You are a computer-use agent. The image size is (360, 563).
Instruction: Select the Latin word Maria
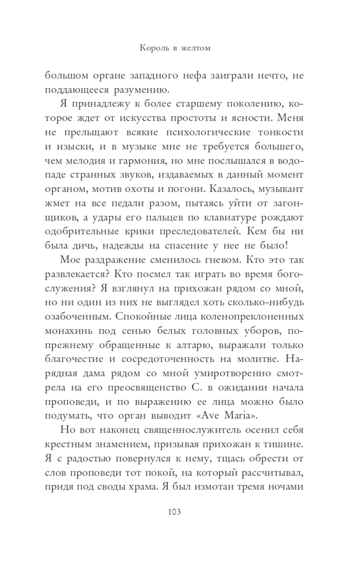[240, 416]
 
